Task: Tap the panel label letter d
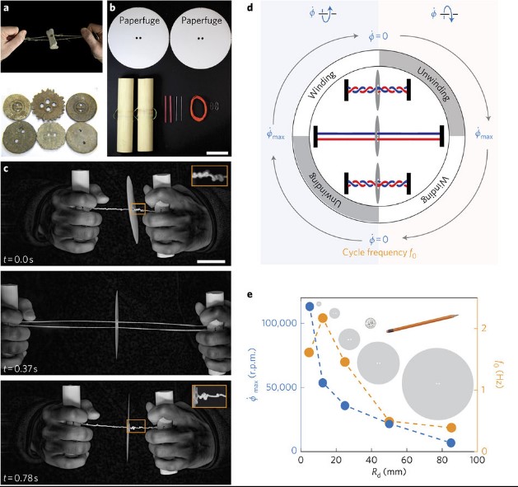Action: [x=250, y=7]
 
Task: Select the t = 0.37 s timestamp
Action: [x=21, y=368]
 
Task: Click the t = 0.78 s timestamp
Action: [x=21, y=478]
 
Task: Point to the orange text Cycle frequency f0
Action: [x=380, y=253]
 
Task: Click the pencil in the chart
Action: [x=422, y=323]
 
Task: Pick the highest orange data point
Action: [x=323, y=318]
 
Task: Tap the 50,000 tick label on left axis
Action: [x=281, y=387]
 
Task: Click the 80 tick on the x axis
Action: [x=442, y=460]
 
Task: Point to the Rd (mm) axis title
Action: [x=389, y=472]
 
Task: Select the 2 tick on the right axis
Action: [x=484, y=328]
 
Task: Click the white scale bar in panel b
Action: [x=217, y=152]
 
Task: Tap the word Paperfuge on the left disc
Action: [x=139, y=21]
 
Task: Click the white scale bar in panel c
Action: [x=211, y=261]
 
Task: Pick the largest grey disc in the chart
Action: [x=438, y=384]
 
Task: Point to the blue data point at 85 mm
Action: [x=450, y=443]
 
